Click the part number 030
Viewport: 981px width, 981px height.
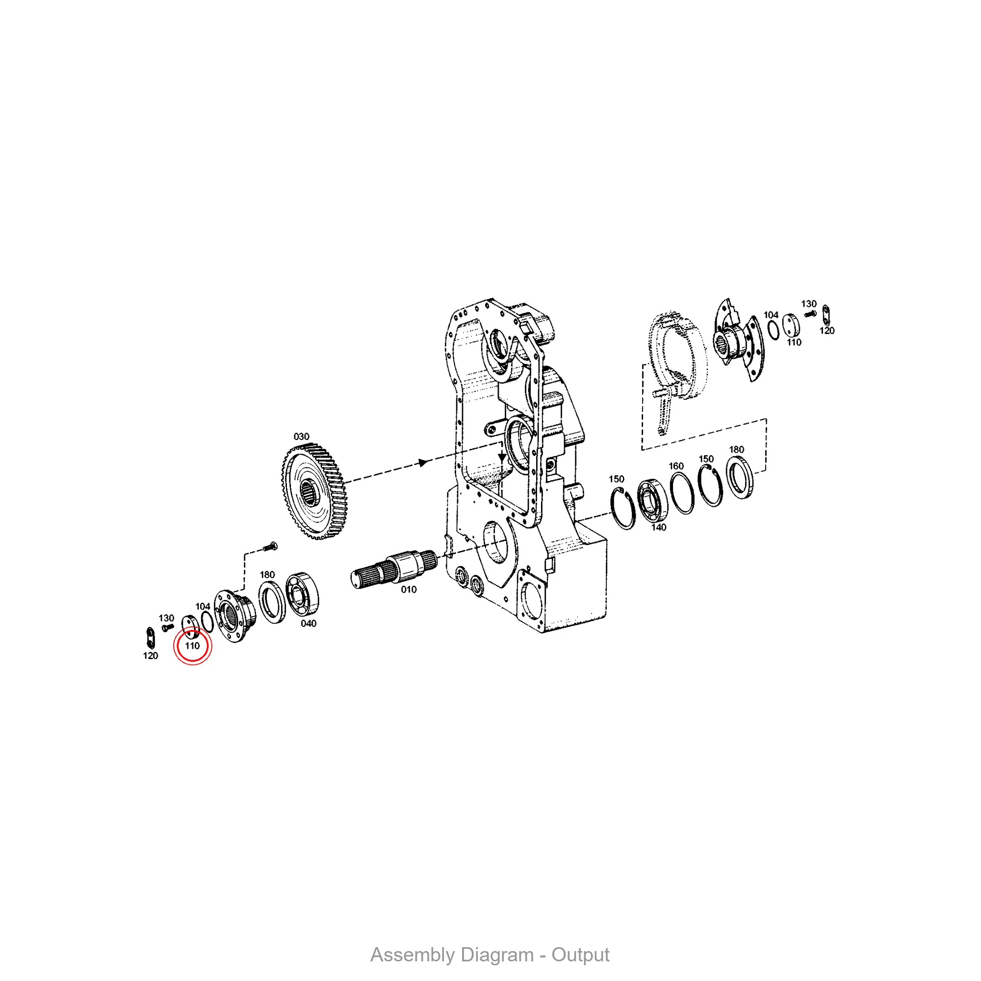(x=301, y=437)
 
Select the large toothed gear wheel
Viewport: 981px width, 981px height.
(x=314, y=491)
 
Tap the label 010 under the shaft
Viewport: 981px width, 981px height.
(x=409, y=590)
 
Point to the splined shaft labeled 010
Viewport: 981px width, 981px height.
(x=394, y=568)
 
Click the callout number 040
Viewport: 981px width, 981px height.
(x=309, y=623)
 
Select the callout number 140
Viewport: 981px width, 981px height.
(x=659, y=528)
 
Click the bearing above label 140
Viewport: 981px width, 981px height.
(x=652, y=500)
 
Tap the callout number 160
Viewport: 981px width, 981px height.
(x=676, y=466)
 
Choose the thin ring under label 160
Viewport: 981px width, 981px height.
(x=682, y=493)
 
